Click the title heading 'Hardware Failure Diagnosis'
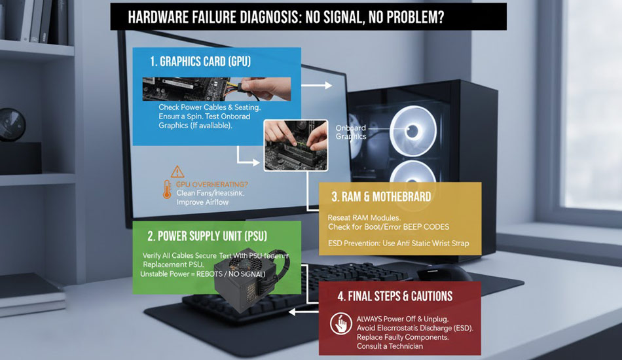pos(308,17)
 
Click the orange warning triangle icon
pos(177,172)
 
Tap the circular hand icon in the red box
pos(341,324)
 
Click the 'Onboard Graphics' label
pos(351,132)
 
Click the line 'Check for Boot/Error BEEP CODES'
pos(389,226)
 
